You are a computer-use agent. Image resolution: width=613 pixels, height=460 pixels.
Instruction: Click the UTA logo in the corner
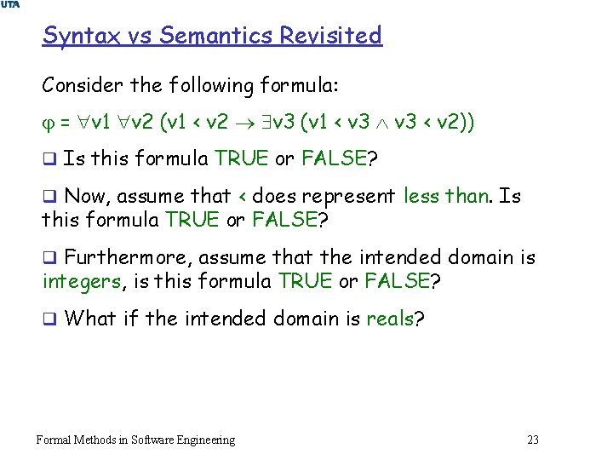click(x=9, y=5)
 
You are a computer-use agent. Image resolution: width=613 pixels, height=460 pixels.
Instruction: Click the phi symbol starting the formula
click(x=47, y=124)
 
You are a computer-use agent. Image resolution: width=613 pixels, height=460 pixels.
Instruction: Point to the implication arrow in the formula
click(x=243, y=124)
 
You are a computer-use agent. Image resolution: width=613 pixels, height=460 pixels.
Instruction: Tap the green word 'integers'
click(x=82, y=281)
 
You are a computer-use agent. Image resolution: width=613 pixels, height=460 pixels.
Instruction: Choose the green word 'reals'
click(x=389, y=319)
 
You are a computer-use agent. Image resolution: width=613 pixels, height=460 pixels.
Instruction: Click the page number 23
click(x=533, y=440)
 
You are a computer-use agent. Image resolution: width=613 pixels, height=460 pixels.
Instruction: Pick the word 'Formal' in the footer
click(x=54, y=440)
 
